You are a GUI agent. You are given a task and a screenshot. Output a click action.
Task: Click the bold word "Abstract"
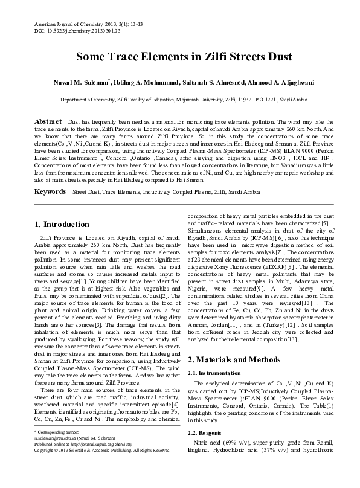[x=48, y=121]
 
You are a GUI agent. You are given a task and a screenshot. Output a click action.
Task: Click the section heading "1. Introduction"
[x=62, y=224]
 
